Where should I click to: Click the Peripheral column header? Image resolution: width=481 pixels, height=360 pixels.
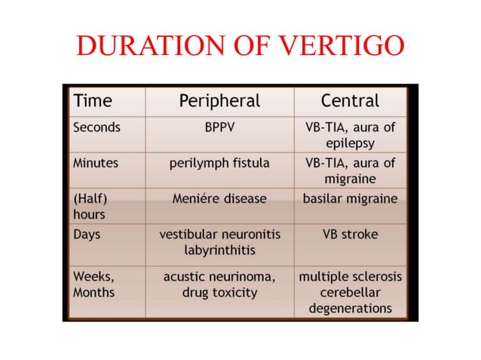tap(219, 101)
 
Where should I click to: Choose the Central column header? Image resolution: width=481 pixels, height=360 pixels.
tap(350, 101)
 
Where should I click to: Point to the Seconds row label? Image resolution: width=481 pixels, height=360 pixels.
tap(97, 127)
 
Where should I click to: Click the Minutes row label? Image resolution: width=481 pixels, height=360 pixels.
tap(97, 162)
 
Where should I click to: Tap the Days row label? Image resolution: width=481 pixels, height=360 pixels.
tap(87, 234)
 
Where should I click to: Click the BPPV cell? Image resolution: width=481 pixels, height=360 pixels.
tap(219, 127)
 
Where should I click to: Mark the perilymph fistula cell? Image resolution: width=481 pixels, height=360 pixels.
tap(219, 162)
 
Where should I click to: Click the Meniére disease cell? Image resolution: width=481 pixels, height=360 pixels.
tap(219, 198)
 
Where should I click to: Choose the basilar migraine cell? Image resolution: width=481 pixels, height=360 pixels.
tap(351, 198)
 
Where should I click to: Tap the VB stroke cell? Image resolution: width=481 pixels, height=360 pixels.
tap(351, 234)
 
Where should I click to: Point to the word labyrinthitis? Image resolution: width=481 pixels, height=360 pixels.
tap(219, 249)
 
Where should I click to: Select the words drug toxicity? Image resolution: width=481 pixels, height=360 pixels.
tap(219, 291)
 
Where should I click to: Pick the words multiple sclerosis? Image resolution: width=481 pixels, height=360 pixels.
tap(351, 276)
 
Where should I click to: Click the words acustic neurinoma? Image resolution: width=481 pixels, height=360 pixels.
tap(219, 276)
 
